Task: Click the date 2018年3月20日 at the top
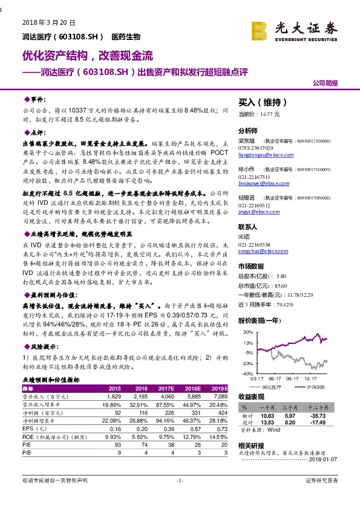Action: pos(48,22)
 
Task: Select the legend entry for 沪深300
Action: pos(315,386)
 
